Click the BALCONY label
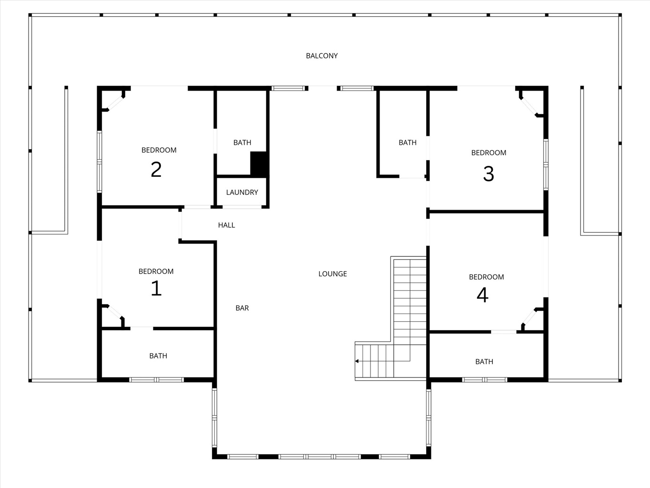point(321,56)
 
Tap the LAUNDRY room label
point(242,193)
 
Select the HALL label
point(227,225)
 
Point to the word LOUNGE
point(332,274)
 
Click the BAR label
point(242,308)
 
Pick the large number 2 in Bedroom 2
point(156,170)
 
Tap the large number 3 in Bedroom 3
point(488,173)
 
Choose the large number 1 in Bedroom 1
point(156,288)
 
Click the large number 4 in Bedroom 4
point(482,295)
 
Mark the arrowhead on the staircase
point(357,361)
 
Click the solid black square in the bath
point(259,164)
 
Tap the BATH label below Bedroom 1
point(158,356)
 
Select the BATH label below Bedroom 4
point(484,362)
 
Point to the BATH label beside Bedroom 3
point(408,142)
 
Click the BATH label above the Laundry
point(242,142)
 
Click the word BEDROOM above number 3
point(489,152)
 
